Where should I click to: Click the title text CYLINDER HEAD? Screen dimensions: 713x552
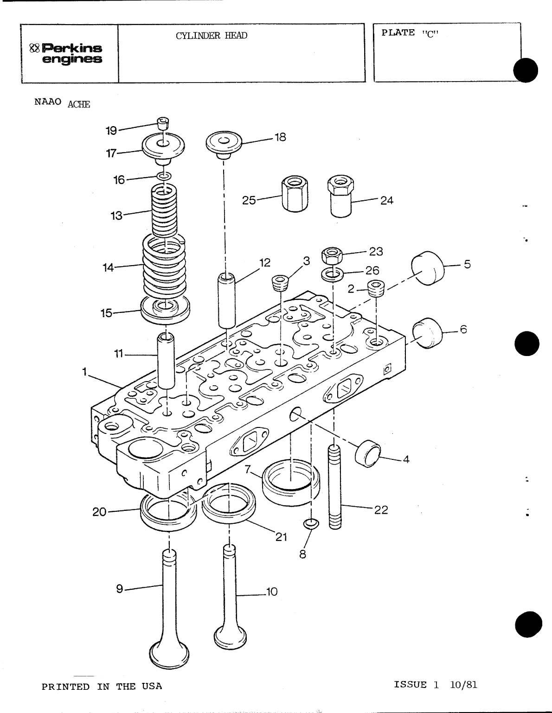click(x=211, y=36)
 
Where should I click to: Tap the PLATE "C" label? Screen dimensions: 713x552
click(x=410, y=33)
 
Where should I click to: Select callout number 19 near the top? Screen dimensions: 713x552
click(x=111, y=131)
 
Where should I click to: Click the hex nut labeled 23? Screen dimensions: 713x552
click(x=332, y=255)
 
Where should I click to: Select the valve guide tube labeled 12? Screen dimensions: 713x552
click(x=227, y=301)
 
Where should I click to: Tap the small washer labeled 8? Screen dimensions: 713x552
click(x=311, y=524)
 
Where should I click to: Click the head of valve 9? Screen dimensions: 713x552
click(x=170, y=654)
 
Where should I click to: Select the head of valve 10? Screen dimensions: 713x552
click(x=231, y=638)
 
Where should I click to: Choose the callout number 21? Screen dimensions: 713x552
click(x=281, y=537)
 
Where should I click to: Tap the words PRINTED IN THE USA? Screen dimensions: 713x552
click(x=102, y=687)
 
